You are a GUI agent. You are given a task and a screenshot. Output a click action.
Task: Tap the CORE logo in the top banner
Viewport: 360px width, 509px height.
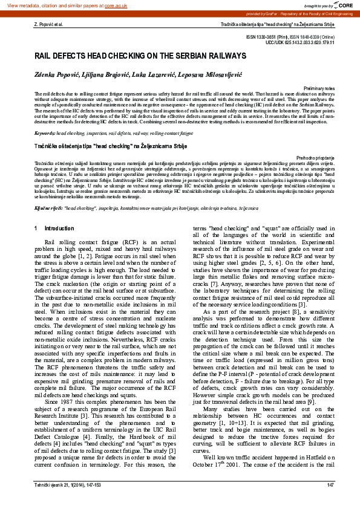[343, 5]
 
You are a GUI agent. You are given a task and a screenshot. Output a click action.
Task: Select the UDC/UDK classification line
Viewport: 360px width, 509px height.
[295, 43]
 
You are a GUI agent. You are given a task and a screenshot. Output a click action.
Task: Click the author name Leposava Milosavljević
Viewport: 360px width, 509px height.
[208, 73]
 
